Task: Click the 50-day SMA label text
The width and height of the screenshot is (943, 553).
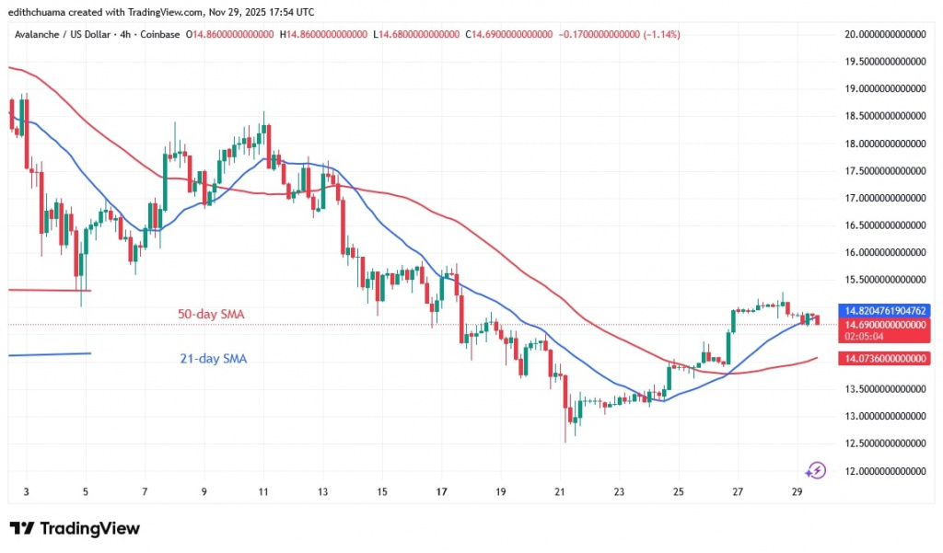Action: tap(212, 315)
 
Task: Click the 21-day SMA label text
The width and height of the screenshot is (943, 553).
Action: tap(213, 359)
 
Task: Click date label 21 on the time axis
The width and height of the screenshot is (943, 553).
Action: tap(559, 493)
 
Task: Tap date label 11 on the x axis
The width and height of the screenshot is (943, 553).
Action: tap(262, 493)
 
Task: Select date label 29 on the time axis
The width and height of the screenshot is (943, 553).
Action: tap(797, 493)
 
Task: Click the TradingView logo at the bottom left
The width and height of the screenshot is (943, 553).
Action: tap(76, 529)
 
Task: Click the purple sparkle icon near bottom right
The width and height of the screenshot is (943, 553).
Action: tap(814, 470)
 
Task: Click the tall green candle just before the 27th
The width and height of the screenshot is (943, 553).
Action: tap(734, 324)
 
